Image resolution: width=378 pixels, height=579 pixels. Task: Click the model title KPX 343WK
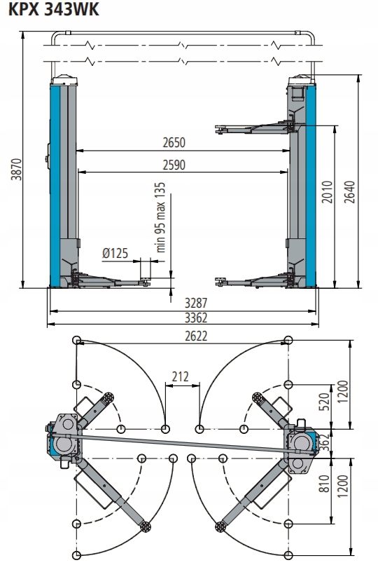(x=53, y=9)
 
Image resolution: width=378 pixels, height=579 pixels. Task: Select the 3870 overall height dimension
(x=16, y=170)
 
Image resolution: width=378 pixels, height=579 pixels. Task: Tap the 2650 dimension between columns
(x=174, y=142)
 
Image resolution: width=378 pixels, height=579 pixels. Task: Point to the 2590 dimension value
(x=174, y=165)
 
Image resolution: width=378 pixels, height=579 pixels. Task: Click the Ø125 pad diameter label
(x=115, y=253)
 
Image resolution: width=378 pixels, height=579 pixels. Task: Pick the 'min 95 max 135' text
(x=160, y=217)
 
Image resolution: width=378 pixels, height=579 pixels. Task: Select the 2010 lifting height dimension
(x=327, y=191)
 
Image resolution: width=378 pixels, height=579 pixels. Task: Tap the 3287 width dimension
(x=196, y=303)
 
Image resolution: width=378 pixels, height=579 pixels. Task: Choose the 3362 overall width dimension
(x=196, y=318)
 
